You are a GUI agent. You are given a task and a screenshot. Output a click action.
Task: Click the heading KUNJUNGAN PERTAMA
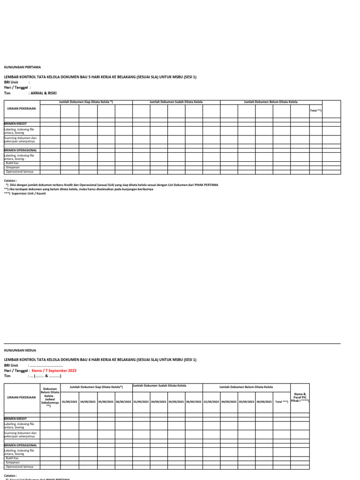(x=22, y=67)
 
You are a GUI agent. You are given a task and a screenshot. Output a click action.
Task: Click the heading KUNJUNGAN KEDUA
(x=20, y=350)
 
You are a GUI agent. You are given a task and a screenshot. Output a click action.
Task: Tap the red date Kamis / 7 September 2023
(x=54, y=370)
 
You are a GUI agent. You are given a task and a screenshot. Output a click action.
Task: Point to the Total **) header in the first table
(x=315, y=111)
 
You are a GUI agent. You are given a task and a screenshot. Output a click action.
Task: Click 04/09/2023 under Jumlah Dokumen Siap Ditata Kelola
(x=87, y=402)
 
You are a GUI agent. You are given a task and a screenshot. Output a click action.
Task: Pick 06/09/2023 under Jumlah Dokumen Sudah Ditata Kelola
(x=194, y=402)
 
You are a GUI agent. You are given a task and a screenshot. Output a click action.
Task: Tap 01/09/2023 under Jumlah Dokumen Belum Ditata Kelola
(x=211, y=402)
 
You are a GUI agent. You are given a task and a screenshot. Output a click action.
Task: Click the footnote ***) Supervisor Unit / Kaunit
(x=25, y=193)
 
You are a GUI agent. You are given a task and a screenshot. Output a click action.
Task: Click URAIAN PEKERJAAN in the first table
(x=18, y=108)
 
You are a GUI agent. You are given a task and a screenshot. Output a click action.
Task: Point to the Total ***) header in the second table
(x=282, y=402)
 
